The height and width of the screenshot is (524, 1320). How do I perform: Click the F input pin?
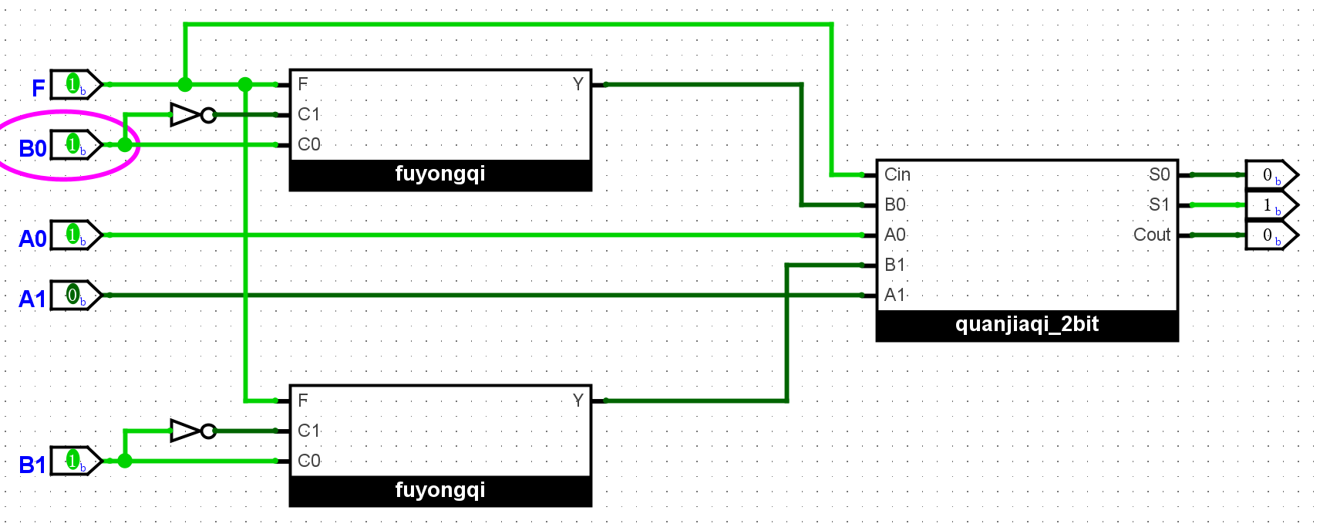tap(76, 85)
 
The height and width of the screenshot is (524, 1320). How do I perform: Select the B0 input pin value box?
tap(76, 145)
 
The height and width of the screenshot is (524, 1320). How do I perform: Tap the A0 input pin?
tap(76, 235)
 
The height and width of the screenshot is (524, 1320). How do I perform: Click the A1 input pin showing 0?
tap(76, 296)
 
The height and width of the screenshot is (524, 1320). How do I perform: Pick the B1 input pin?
tap(76, 461)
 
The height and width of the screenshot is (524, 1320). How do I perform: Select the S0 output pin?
tap(1271, 175)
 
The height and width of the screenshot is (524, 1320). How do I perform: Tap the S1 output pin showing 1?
tap(1271, 205)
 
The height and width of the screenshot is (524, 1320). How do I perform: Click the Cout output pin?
tap(1271, 235)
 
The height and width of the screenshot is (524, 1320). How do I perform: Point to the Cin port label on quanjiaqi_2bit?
tap(897, 175)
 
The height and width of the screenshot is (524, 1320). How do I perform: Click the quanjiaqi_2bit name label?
tap(1027, 325)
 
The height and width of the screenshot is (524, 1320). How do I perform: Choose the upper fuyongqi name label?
tap(440, 174)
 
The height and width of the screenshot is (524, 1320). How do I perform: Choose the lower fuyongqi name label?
tap(440, 491)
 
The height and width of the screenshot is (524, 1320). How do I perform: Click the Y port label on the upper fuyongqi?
tap(578, 85)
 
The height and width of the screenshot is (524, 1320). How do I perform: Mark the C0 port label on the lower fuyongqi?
tap(309, 461)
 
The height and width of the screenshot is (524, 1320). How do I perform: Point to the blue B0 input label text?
tap(32, 148)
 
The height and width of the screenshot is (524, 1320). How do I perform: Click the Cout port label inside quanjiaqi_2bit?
tap(1151, 235)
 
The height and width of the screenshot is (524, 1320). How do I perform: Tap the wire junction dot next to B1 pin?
tap(125, 461)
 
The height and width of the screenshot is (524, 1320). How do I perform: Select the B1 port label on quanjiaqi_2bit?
tap(894, 265)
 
